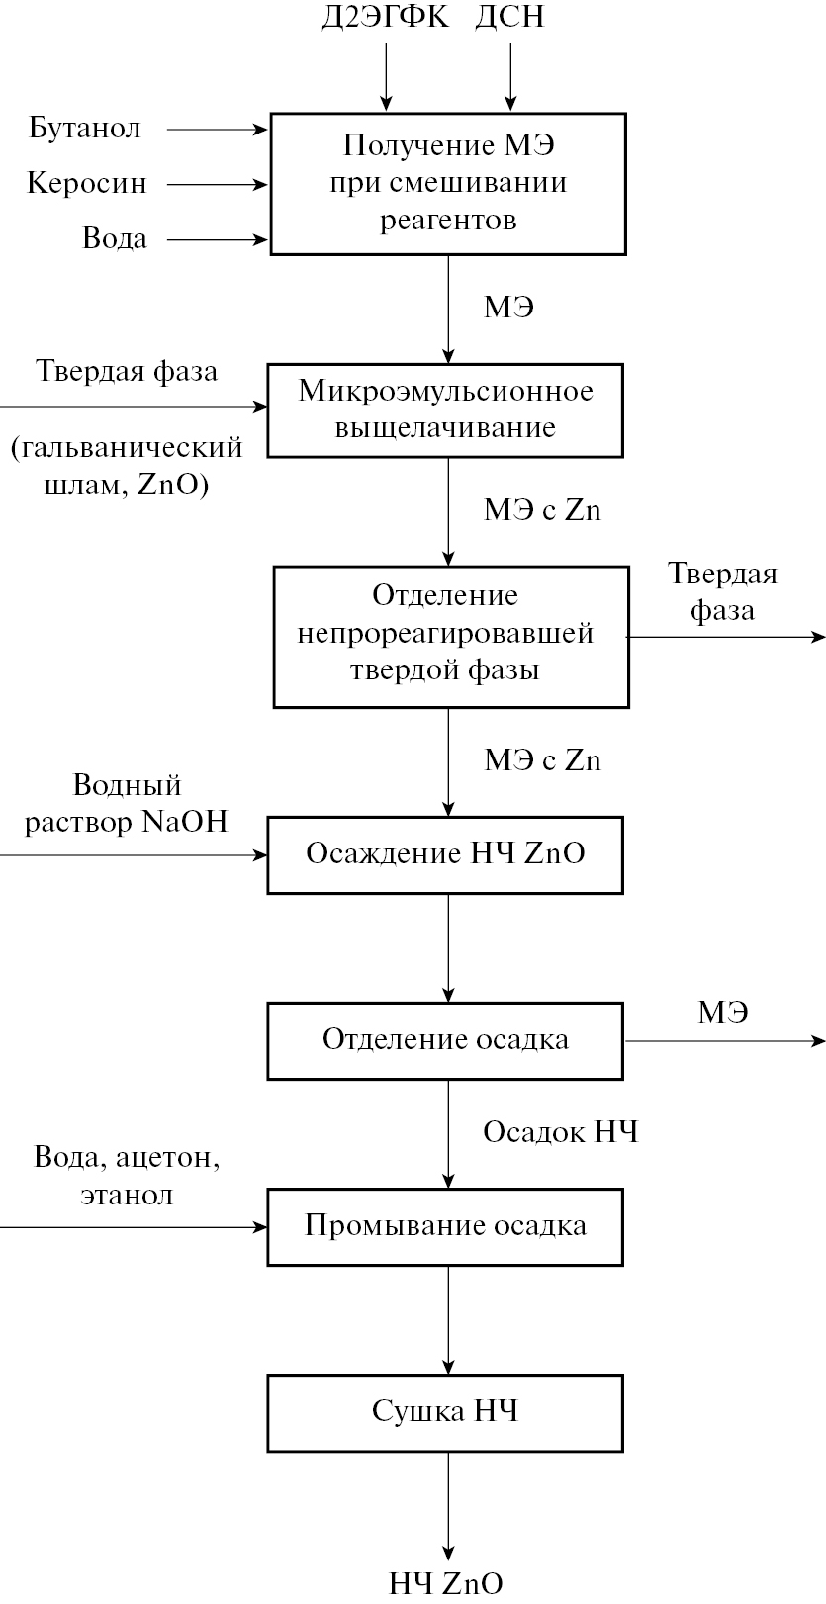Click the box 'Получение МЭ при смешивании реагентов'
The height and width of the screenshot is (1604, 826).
pyautogui.click(x=448, y=184)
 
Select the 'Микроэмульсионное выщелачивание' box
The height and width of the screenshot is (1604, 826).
pyautogui.click(x=445, y=409)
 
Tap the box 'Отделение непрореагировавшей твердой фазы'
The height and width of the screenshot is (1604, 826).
pyautogui.click(x=450, y=636)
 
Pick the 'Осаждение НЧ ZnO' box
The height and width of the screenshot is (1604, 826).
pyautogui.click(x=445, y=853)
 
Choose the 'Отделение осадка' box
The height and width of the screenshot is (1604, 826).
pyautogui.click(x=445, y=1040)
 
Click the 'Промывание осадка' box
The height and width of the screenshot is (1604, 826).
pyautogui.click(x=445, y=1226)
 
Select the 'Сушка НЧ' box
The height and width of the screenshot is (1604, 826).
pyautogui.click(x=445, y=1411)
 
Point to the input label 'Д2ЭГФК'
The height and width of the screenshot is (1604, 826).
pyautogui.click(x=385, y=18)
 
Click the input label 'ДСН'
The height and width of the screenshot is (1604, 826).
pyautogui.click(x=509, y=18)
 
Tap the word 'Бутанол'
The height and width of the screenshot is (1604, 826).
pyautogui.click(x=85, y=129)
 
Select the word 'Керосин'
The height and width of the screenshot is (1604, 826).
pyautogui.click(x=87, y=184)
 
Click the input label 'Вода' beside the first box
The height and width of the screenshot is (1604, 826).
pyautogui.click(x=115, y=239)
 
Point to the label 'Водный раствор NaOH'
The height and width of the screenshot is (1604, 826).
pyautogui.click(x=127, y=804)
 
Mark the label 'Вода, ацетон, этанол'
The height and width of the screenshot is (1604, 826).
pyautogui.click(x=127, y=1176)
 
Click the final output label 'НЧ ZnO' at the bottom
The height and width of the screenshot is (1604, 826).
pyautogui.click(x=445, y=1583)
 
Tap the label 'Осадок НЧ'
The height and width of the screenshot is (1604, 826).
pyautogui.click(x=560, y=1132)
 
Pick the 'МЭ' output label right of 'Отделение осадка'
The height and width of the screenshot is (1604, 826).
pyautogui.click(x=723, y=1013)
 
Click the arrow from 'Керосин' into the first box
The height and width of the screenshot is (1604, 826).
pyautogui.click(x=218, y=184)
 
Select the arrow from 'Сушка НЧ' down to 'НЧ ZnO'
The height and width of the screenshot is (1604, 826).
pyautogui.click(x=449, y=1503)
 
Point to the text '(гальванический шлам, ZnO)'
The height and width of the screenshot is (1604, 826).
pyautogui.click(x=127, y=467)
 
